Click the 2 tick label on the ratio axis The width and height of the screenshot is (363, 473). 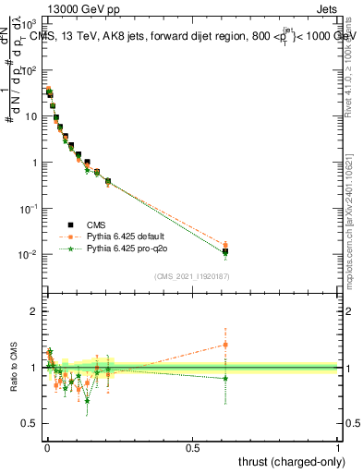coord(35,311)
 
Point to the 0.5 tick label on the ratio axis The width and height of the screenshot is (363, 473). coord(30,423)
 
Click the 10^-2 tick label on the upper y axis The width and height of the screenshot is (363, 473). coord(28,254)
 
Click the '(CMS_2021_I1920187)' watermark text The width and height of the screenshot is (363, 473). coord(192,274)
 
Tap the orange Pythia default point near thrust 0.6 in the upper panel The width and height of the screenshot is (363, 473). coord(224,245)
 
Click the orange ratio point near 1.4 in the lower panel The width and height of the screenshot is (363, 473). coord(224,345)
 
